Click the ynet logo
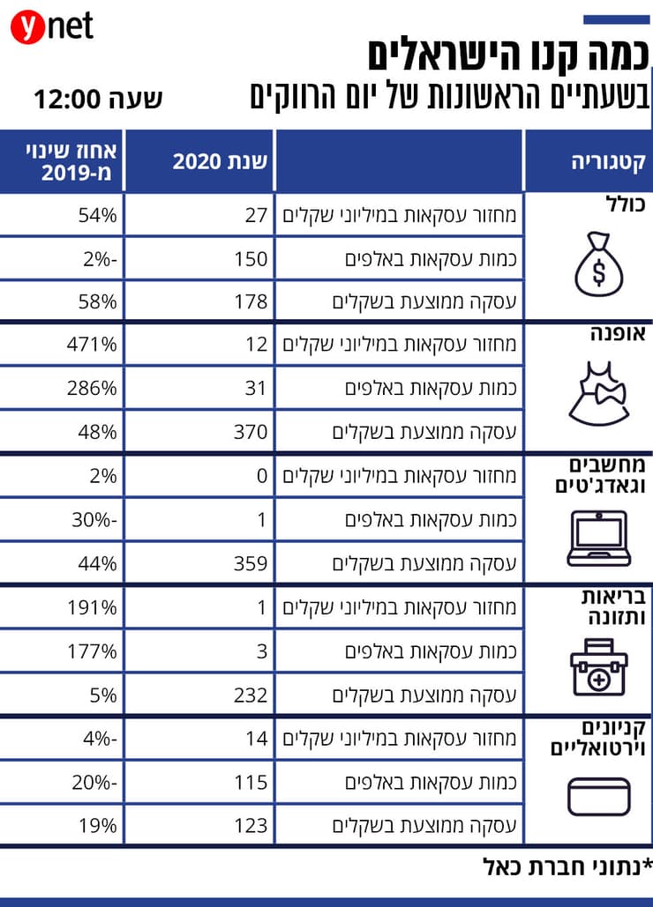pyautogui.click(x=51, y=27)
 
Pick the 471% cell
pyautogui.click(x=92, y=345)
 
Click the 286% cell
pyautogui.click(x=92, y=388)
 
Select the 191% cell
pyautogui.click(x=92, y=607)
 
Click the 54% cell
pyautogui.click(x=98, y=214)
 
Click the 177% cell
pyautogui.click(x=92, y=651)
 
